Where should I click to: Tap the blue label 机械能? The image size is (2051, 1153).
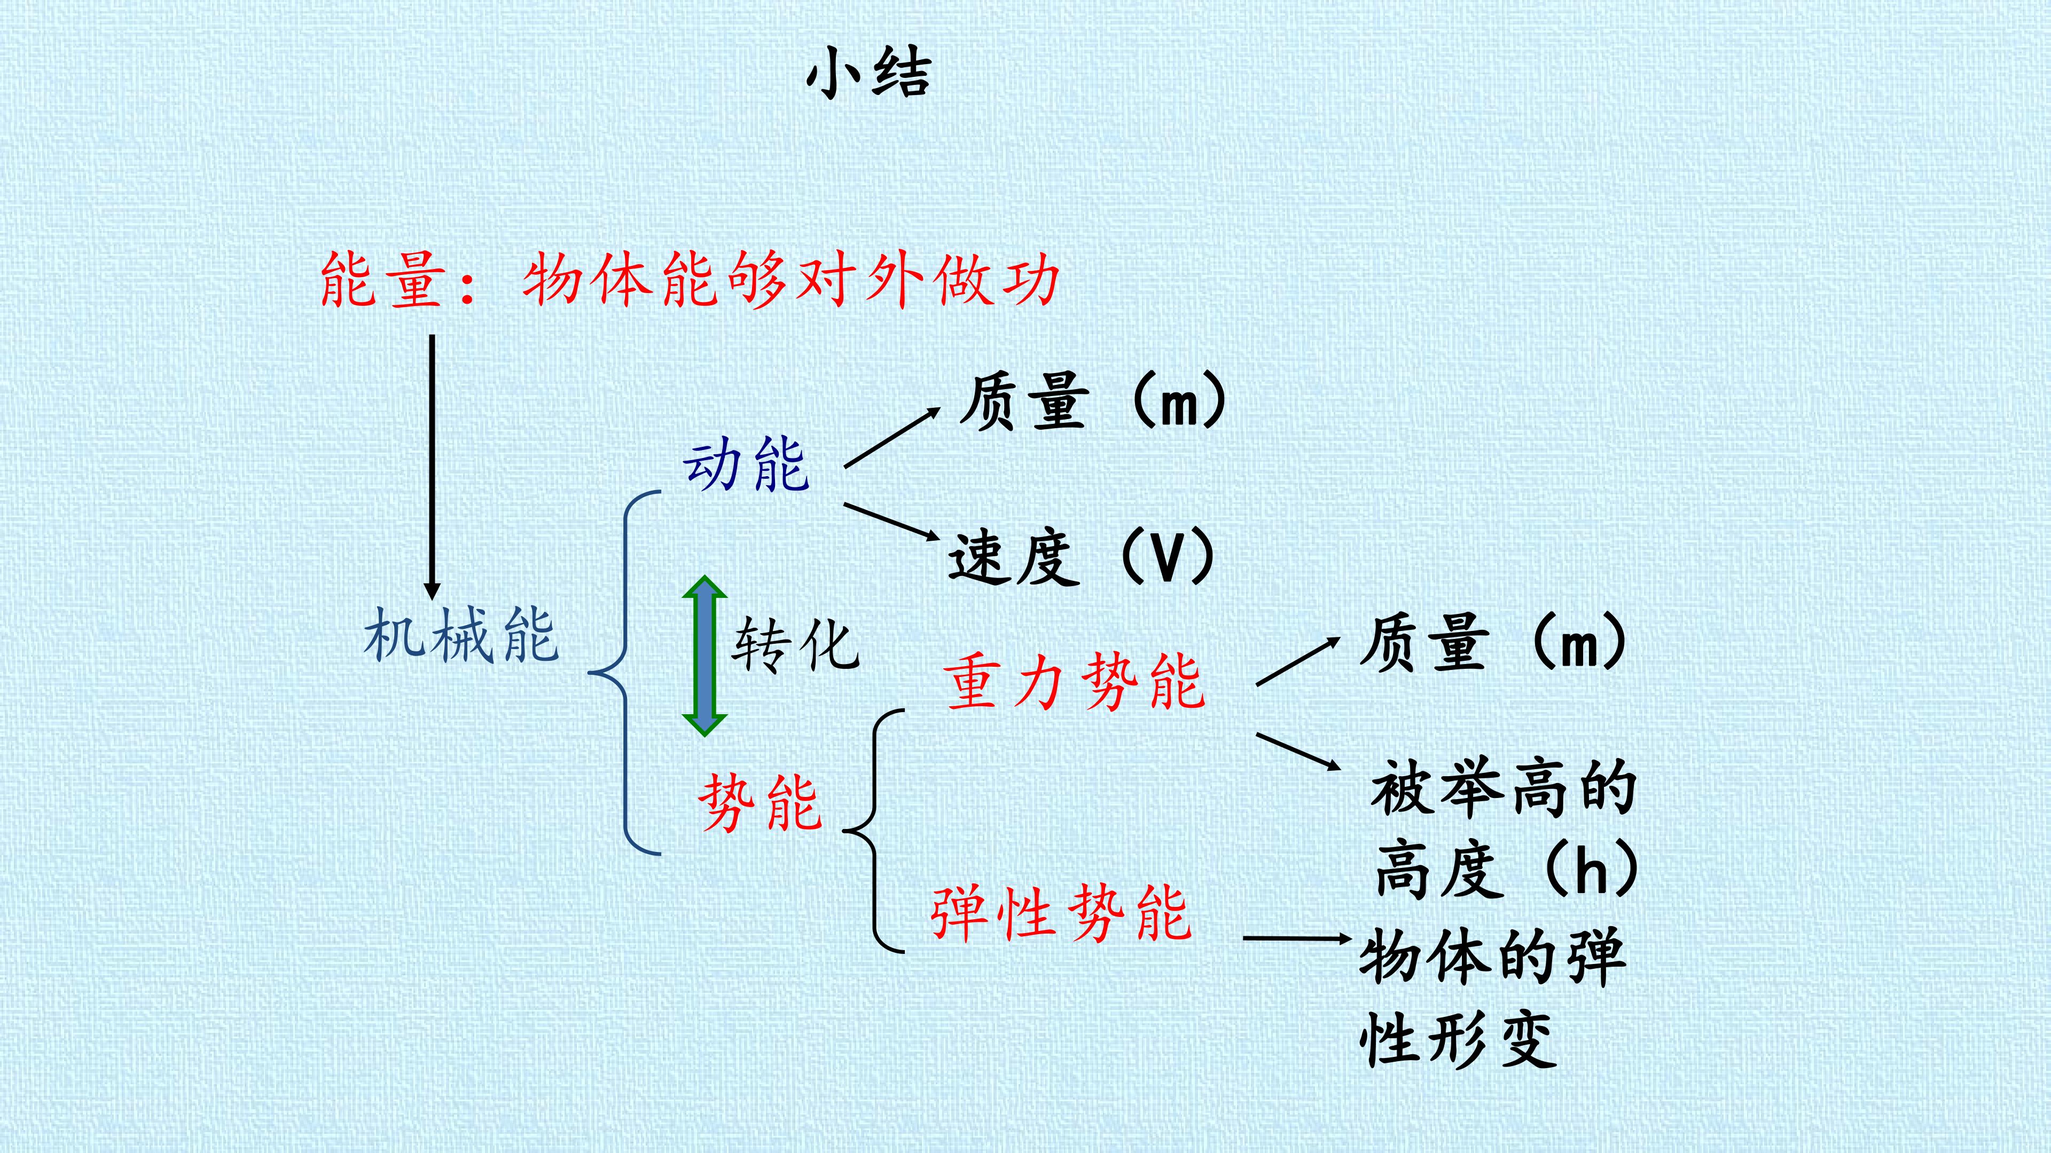(461, 635)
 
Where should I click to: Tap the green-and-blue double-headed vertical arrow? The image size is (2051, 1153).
(704, 656)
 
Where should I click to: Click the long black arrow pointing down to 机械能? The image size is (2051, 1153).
(432, 467)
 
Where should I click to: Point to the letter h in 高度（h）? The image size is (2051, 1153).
(1591, 869)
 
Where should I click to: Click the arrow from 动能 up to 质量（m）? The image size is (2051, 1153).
(892, 438)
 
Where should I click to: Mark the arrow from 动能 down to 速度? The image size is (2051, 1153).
(892, 522)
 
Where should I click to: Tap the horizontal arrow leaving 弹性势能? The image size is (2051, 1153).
(1298, 939)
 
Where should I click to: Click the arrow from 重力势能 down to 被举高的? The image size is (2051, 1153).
(1298, 751)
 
